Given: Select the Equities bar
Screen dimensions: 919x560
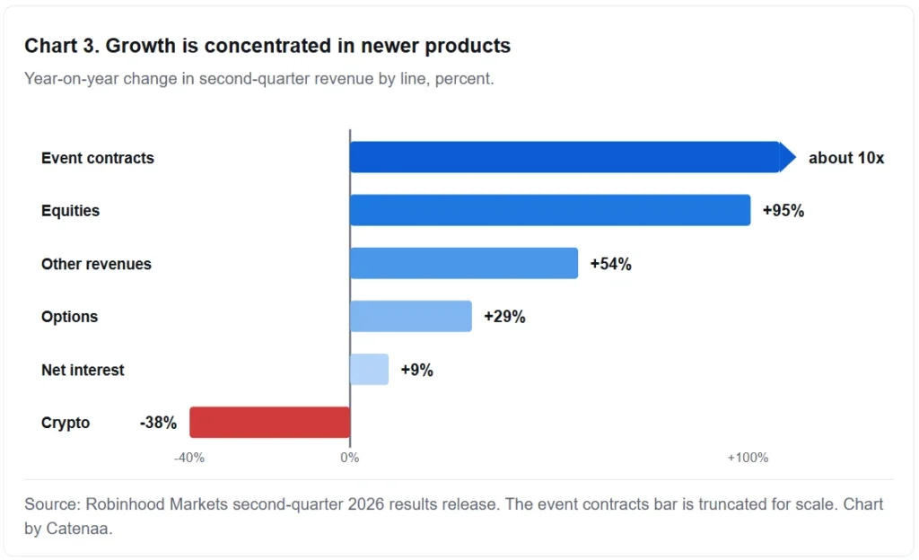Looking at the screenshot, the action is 550,210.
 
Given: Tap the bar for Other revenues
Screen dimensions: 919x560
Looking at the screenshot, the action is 464,263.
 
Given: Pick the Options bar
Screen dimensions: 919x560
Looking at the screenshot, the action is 411,316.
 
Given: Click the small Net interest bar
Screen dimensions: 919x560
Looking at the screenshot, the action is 369,370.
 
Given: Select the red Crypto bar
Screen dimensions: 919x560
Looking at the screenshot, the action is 269,423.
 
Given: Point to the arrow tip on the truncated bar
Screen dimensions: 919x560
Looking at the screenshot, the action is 796,157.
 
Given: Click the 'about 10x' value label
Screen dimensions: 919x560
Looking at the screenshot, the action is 846,158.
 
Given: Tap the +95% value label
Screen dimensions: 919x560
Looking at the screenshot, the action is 783,211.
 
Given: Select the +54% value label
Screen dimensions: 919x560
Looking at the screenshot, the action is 610,264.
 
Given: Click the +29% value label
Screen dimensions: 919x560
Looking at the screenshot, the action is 504,317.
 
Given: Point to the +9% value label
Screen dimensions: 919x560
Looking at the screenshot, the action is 416,371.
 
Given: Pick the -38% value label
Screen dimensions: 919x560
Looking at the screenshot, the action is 158,423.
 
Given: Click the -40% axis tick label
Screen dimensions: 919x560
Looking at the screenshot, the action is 189,458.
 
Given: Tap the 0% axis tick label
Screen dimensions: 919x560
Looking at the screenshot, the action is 350,458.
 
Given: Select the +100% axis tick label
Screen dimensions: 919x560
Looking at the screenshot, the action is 748,458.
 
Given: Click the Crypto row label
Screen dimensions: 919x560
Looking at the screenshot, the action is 66,423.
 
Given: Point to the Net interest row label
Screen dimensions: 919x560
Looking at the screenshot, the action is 83,371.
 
